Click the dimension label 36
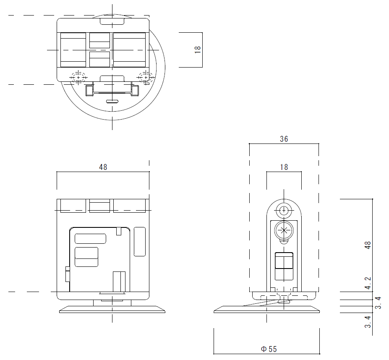click(x=284, y=139)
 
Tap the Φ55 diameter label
click(x=269, y=349)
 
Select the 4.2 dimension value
click(x=368, y=283)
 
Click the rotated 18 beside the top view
click(x=198, y=50)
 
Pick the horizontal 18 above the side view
click(x=284, y=167)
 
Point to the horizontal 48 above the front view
click(x=103, y=167)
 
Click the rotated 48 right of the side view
click(x=368, y=245)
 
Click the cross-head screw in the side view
click(x=284, y=230)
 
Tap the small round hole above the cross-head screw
click(x=284, y=211)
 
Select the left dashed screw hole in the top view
click(x=78, y=77)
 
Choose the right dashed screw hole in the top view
click(x=146, y=77)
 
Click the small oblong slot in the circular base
click(x=112, y=101)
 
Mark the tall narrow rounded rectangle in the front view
click(x=140, y=242)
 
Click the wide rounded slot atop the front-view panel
click(x=90, y=239)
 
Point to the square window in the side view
click(x=284, y=261)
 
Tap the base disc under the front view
click(x=112, y=309)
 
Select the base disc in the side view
click(x=267, y=309)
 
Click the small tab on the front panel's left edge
click(x=68, y=274)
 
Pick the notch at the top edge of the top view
click(x=112, y=21)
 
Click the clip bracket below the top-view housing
click(x=112, y=90)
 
